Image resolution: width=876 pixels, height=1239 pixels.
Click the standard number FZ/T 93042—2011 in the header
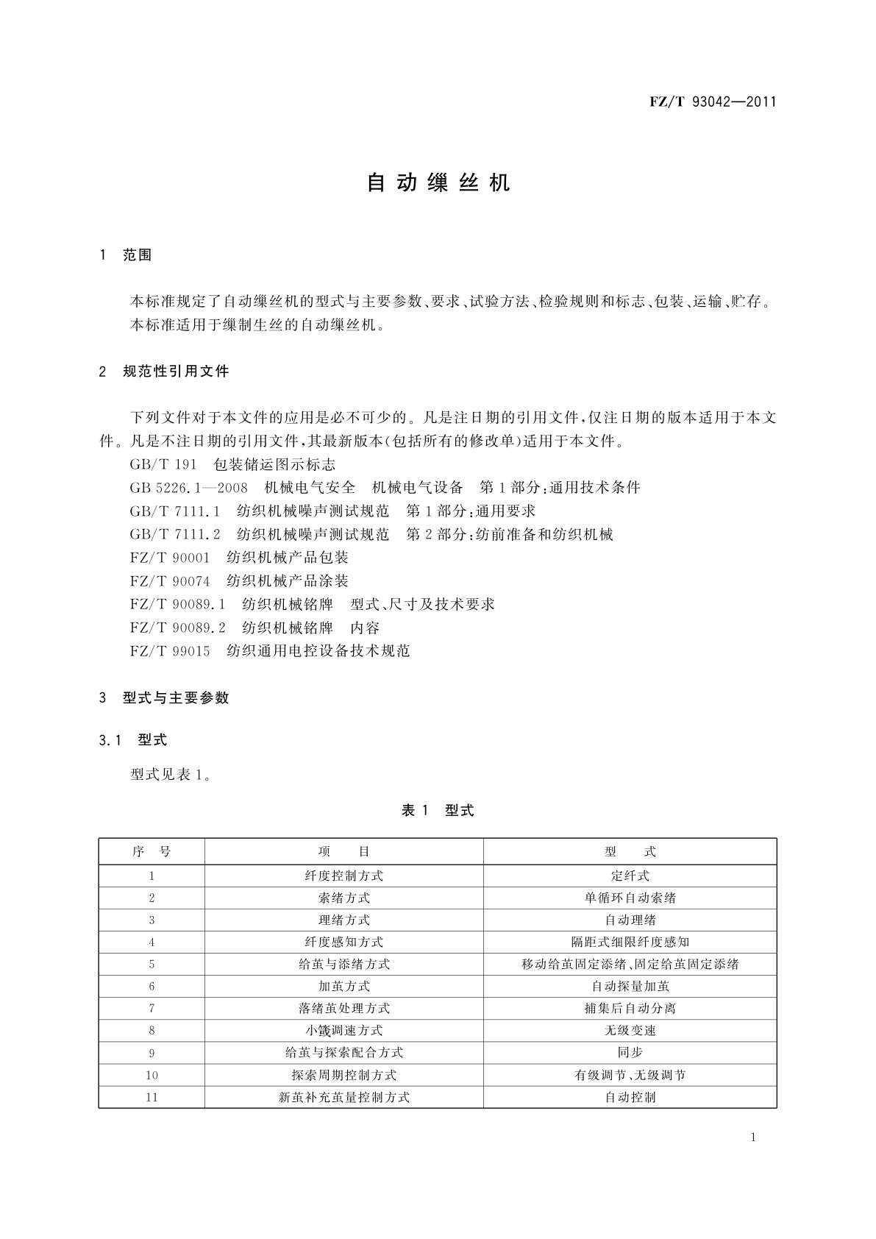click(713, 102)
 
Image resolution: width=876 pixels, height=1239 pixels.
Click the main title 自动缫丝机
click(438, 183)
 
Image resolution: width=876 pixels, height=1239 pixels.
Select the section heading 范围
click(138, 255)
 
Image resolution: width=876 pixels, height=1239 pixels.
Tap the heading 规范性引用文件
click(176, 372)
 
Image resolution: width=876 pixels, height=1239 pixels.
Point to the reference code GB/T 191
click(163, 464)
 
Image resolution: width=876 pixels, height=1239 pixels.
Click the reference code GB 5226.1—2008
click(188, 488)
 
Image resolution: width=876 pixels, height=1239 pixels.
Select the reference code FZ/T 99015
click(170, 651)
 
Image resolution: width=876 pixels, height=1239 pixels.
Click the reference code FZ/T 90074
click(170, 581)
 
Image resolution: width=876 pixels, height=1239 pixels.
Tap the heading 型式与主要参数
click(176, 697)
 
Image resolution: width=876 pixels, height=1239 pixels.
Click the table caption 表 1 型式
click(438, 811)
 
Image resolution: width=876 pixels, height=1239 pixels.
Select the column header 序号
click(152, 852)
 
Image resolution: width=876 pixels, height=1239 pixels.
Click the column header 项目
click(343, 852)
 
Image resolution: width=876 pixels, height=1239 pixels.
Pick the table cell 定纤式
click(630, 876)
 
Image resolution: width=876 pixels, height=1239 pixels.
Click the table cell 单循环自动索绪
click(630, 898)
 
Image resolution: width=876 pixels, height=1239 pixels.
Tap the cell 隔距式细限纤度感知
click(630, 942)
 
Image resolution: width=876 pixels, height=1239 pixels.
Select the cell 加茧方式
click(343, 986)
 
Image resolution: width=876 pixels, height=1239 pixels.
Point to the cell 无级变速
click(630, 1030)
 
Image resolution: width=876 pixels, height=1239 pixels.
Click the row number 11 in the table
click(152, 1097)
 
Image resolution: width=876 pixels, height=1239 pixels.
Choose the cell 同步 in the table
click(630, 1053)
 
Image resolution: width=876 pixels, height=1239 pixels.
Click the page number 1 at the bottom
click(752, 1137)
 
